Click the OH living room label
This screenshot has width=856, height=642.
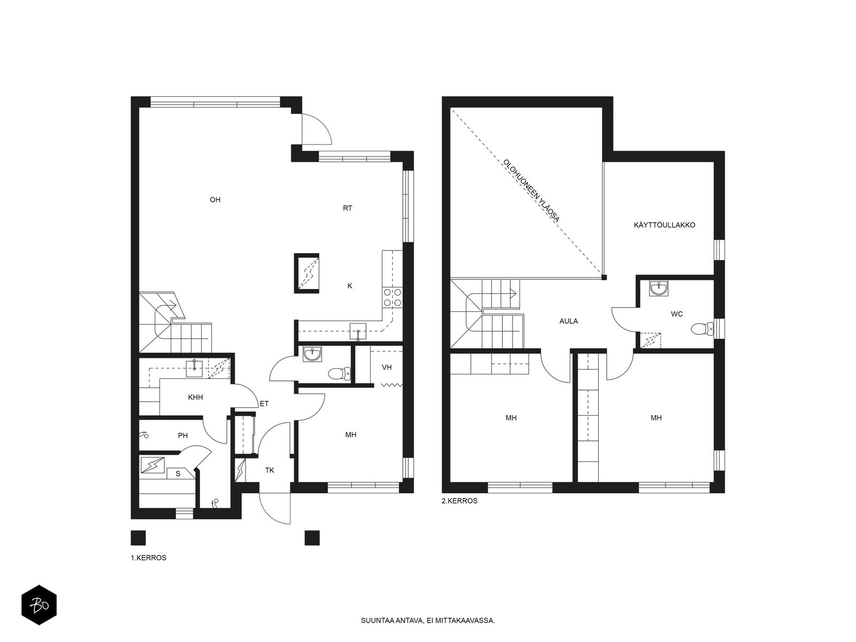[x=215, y=200]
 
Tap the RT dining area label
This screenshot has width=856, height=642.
[x=347, y=208]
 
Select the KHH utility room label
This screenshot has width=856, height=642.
[x=195, y=398]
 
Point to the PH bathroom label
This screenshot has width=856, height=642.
[x=182, y=436]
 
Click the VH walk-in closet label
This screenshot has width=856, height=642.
[x=386, y=367]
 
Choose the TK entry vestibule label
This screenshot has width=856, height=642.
[x=270, y=470]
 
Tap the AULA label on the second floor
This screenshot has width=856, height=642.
[x=569, y=321]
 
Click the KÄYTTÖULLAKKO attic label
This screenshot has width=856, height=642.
[x=664, y=225]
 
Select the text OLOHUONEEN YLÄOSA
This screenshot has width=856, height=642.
[x=532, y=190]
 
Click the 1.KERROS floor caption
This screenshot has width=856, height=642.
[x=149, y=558]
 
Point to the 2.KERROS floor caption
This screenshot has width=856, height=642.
[x=460, y=501]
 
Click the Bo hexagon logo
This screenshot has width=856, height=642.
[x=39, y=605]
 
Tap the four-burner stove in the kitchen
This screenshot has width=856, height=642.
[x=392, y=297]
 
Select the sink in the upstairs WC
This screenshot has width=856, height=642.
[x=659, y=288]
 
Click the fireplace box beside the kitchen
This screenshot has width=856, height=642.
[x=307, y=273]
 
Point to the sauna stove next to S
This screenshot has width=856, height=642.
[x=153, y=465]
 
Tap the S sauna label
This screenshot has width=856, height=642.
[x=178, y=474]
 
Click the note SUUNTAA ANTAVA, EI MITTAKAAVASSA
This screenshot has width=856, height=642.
[x=428, y=620]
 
